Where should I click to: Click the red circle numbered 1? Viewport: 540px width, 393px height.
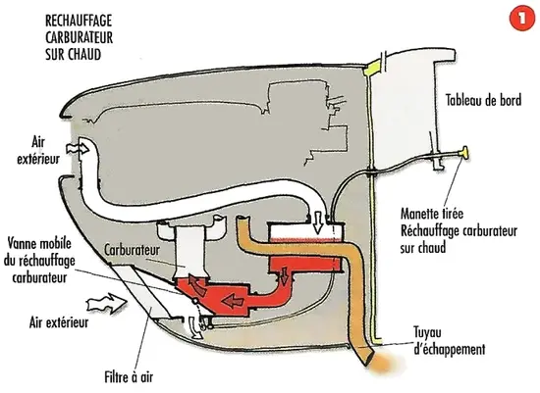(522, 19)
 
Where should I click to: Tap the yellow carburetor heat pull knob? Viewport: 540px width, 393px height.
(464, 153)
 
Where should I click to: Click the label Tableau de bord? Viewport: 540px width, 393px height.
(483, 100)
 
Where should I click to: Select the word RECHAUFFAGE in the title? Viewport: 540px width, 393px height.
(79, 21)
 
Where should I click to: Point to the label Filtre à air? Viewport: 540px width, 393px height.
(129, 377)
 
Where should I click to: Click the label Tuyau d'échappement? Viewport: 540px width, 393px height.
(449, 341)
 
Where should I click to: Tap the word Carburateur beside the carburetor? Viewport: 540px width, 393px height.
(132, 250)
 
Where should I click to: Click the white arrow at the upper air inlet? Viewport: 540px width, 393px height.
(78, 149)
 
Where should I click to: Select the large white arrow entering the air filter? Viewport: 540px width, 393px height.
(107, 303)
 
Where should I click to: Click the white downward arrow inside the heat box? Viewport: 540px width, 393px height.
(318, 222)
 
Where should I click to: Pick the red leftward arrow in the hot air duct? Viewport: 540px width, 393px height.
(234, 301)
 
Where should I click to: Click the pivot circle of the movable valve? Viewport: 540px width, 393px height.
(195, 302)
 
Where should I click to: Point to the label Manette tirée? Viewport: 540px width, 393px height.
(432, 214)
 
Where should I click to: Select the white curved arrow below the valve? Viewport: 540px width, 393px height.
(194, 328)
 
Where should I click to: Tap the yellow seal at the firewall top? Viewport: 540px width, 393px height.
(372, 68)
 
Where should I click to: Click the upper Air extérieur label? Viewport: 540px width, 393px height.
(38, 151)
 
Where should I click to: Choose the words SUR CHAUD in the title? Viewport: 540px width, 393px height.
(73, 54)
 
